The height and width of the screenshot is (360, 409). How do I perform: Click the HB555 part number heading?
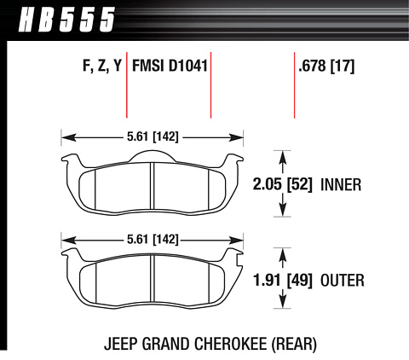tap(67, 20)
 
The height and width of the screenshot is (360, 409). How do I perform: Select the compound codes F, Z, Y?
tap(102, 66)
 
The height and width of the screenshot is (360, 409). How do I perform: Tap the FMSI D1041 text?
tap(170, 66)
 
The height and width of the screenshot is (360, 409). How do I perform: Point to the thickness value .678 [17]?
tap(326, 67)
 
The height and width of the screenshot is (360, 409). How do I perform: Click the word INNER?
tap(341, 184)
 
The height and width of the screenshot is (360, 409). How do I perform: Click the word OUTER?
tap(343, 281)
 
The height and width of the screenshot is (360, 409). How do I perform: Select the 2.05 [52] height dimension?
tap(283, 184)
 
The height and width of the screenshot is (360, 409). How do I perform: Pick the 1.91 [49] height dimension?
tap(283, 281)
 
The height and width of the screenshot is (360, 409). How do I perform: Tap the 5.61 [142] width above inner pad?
tap(153, 137)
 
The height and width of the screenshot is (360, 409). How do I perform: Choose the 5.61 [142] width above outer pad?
tap(153, 240)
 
